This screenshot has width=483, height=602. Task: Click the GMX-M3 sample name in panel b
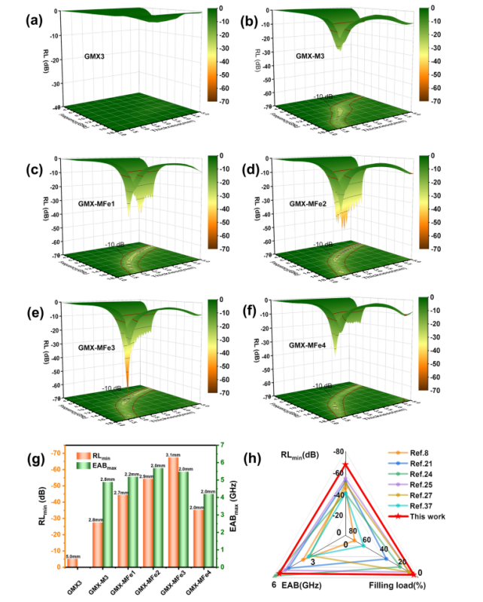click(309, 56)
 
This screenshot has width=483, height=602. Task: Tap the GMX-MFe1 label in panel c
click(100, 203)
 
